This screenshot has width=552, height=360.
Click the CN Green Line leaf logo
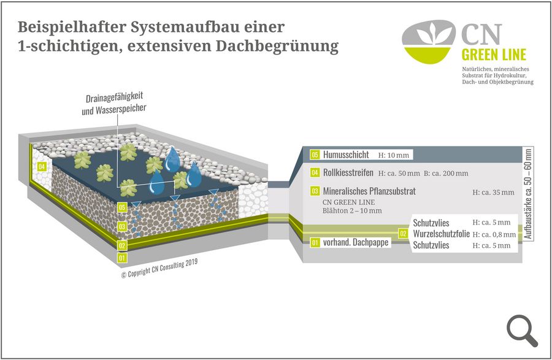click(x=429, y=42)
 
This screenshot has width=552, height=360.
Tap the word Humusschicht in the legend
click(x=346, y=155)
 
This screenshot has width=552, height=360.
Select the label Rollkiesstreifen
click(x=348, y=173)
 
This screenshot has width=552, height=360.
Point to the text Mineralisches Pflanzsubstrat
click(x=369, y=191)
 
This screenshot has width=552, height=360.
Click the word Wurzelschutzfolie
click(x=441, y=234)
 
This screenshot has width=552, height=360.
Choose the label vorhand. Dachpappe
click(x=356, y=242)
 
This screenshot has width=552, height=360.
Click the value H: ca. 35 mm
click(x=493, y=193)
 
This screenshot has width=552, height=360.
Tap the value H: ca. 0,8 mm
click(x=494, y=234)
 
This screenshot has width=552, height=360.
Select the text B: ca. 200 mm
click(x=446, y=173)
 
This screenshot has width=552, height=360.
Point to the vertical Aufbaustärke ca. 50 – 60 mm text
click(x=527, y=194)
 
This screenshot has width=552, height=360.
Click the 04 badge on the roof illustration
click(x=42, y=166)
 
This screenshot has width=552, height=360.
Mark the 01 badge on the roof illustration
click(x=122, y=258)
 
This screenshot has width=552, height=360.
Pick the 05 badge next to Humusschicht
click(x=315, y=155)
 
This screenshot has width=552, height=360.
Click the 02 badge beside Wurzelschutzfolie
click(x=403, y=234)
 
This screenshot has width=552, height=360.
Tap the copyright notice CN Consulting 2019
click(x=159, y=269)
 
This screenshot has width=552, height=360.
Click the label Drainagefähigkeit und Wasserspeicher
click(x=114, y=104)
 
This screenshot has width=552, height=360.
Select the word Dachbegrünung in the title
click(x=277, y=46)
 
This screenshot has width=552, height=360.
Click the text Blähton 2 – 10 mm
click(x=352, y=211)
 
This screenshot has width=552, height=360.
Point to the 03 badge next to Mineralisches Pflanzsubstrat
click(x=315, y=191)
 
